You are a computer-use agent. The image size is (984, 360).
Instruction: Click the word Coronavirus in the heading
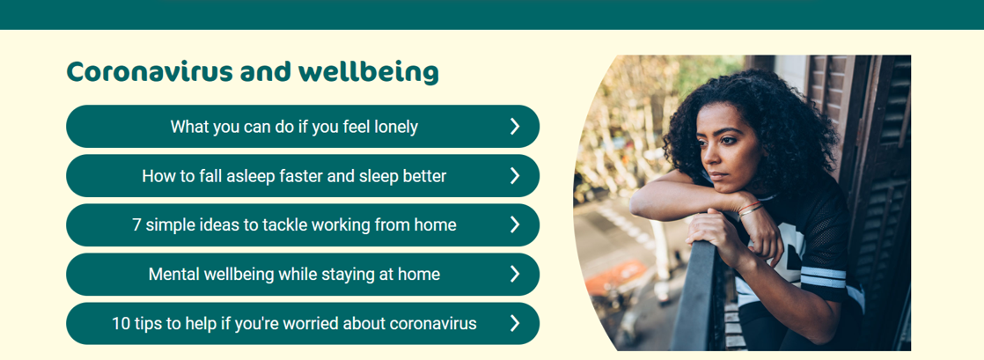click(150, 72)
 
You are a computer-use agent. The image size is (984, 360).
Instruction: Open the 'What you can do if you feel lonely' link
click(303, 126)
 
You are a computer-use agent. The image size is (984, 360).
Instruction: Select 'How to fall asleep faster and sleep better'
click(303, 176)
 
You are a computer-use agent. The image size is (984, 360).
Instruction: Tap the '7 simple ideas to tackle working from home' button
click(303, 224)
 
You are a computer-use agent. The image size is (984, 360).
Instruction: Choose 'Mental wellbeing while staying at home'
click(303, 274)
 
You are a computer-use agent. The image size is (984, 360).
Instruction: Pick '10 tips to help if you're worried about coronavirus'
click(303, 324)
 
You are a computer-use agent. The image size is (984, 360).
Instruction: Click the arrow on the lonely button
click(515, 127)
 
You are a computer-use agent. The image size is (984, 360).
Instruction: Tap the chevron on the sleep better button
click(515, 176)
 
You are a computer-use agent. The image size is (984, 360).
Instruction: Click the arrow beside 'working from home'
click(515, 224)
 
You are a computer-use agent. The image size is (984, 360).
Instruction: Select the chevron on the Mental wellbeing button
click(515, 274)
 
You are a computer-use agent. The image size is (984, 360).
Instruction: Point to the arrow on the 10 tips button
click(515, 324)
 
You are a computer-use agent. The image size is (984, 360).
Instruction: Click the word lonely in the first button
click(396, 127)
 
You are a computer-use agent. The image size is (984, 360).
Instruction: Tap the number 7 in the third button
click(136, 224)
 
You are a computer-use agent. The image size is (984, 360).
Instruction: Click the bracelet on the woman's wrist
click(751, 209)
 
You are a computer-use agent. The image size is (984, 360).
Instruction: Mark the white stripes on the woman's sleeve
click(823, 276)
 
